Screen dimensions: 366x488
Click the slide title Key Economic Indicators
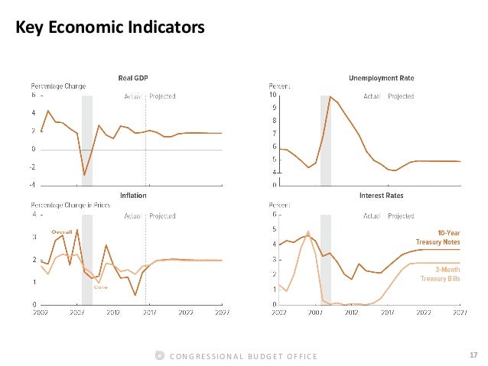(x=110, y=29)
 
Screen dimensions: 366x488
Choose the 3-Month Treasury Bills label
(x=443, y=274)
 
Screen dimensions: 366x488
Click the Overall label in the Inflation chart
(x=61, y=232)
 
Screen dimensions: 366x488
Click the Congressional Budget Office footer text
(x=242, y=356)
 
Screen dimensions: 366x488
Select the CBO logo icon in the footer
(x=159, y=355)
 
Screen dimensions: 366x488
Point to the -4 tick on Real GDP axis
(x=33, y=185)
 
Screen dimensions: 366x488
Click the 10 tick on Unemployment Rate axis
(x=274, y=96)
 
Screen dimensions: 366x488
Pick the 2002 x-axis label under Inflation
(x=41, y=312)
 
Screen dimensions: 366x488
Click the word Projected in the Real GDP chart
(x=162, y=97)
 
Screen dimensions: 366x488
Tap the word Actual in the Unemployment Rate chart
(x=373, y=97)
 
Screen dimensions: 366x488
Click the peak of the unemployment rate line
(x=330, y=97)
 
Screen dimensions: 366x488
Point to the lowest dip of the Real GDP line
(x=84, y=175)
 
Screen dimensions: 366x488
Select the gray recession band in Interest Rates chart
(x=326, y=260)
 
